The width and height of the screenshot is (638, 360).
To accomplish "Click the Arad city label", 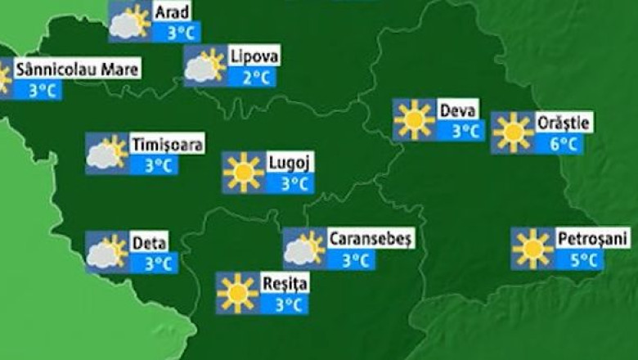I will (173, 11).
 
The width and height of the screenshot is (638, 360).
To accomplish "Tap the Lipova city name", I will (254, 56).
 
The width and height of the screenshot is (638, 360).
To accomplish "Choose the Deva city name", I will (458, 109).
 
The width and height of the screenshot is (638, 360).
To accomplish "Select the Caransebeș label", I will (371, 239).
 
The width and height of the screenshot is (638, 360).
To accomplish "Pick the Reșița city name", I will (285, 284).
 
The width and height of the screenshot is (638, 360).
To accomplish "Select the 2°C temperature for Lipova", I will (254, 78).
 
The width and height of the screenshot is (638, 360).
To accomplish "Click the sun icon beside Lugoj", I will (244, 173).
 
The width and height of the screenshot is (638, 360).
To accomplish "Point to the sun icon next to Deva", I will (414, 119).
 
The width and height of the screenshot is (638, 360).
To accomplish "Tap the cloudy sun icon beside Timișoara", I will (106, 154).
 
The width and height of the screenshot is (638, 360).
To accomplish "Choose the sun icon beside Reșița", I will (238, 294).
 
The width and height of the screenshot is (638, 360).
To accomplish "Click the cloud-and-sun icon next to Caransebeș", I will (304, 249).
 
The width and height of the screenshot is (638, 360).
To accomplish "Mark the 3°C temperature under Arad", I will (177, 34).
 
